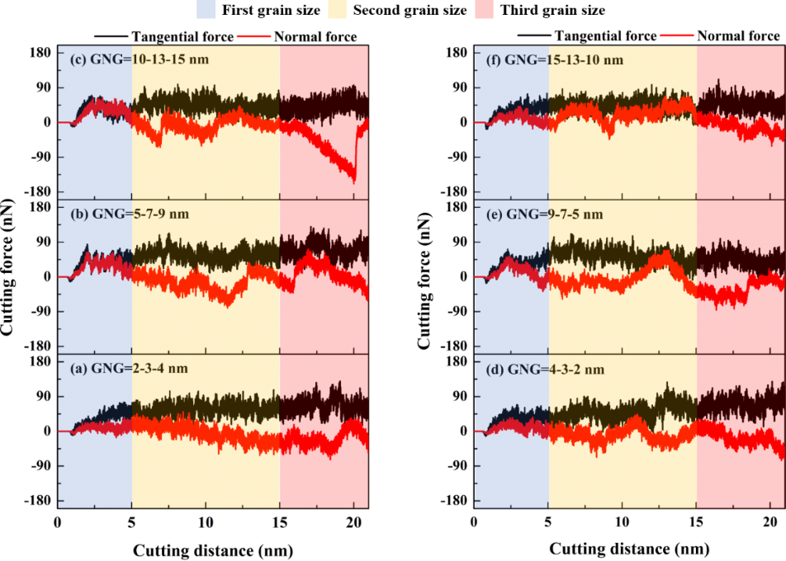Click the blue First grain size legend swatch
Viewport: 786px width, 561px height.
(x=183, y=11)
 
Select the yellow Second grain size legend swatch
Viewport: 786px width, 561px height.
(x=323, y=11)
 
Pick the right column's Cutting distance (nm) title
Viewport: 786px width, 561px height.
(x=628, y=549)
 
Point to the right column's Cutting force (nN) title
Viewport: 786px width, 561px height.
(x=425, y=277)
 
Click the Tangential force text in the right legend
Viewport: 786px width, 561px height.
(x=606, y=36)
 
